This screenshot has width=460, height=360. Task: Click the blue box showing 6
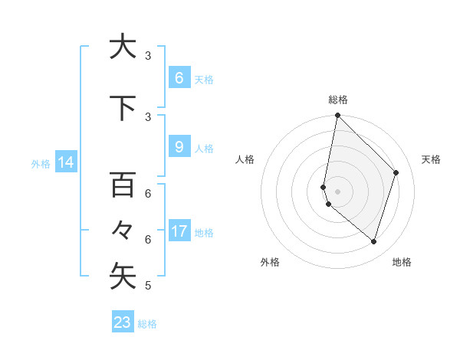click(179, 77)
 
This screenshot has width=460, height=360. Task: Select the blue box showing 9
click(179, 147)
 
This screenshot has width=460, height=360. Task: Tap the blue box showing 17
click(179, 231)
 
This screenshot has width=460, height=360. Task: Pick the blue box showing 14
click(65, 162)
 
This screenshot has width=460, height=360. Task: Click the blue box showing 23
click(123, 322)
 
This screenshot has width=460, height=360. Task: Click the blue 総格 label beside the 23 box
click(148, 324)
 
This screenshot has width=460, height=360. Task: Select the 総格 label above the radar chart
click(338, 100)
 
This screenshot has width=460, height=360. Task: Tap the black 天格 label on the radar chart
click(432, 159)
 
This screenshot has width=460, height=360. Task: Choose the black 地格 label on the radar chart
click(402, 262)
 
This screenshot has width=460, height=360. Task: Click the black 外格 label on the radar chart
click(270, 262)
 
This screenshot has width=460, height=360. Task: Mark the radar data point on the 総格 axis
click(338, 116)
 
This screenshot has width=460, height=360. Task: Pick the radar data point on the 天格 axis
click(396, 172)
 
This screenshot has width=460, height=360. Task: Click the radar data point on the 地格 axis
click(374, 241)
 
